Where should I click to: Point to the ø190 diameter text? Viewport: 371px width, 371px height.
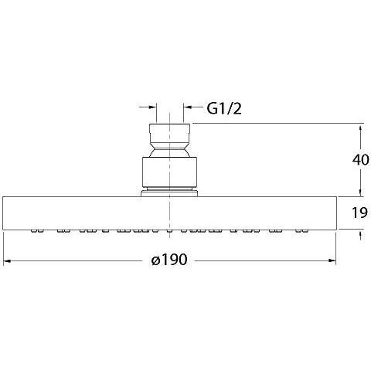click(x=170, y=260)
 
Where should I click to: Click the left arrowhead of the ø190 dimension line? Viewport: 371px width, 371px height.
click(x=8, y=260)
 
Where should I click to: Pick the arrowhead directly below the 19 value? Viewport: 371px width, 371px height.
click(x=361, y=235)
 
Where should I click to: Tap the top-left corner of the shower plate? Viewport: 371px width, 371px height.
click(x=4, y=197)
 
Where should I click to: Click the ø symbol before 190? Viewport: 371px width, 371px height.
click(x=155, y=260)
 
